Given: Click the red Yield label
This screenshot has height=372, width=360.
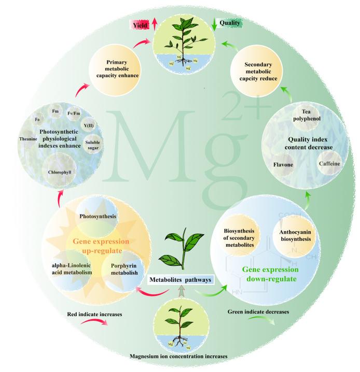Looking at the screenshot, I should tap(139, 24).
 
